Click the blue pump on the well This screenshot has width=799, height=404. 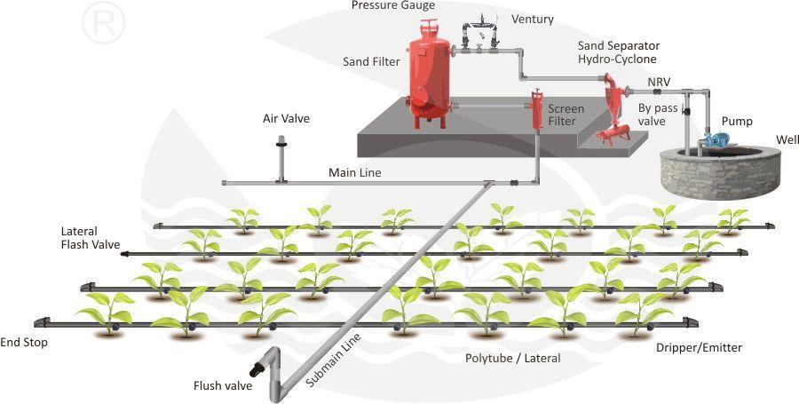click(x=716, y=139)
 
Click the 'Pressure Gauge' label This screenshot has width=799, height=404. click(x=393, y=6)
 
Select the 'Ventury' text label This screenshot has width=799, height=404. click(x=533, y=19)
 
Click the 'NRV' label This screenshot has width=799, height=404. click(x=659, y=82)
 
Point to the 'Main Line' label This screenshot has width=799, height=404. click(x=355, y=172)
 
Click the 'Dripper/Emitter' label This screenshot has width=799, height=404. click(x=700, y=347)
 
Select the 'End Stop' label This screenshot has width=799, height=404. click(x=24, y=342)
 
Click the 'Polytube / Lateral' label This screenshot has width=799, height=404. click(x=513, y=358)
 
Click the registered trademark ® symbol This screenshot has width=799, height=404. click(x=104, y=23)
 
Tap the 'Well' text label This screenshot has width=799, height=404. click(x=787, y=140)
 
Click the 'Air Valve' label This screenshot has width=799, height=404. click(x=287, y=118)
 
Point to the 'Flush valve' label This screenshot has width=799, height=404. click(x=223, y=385)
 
